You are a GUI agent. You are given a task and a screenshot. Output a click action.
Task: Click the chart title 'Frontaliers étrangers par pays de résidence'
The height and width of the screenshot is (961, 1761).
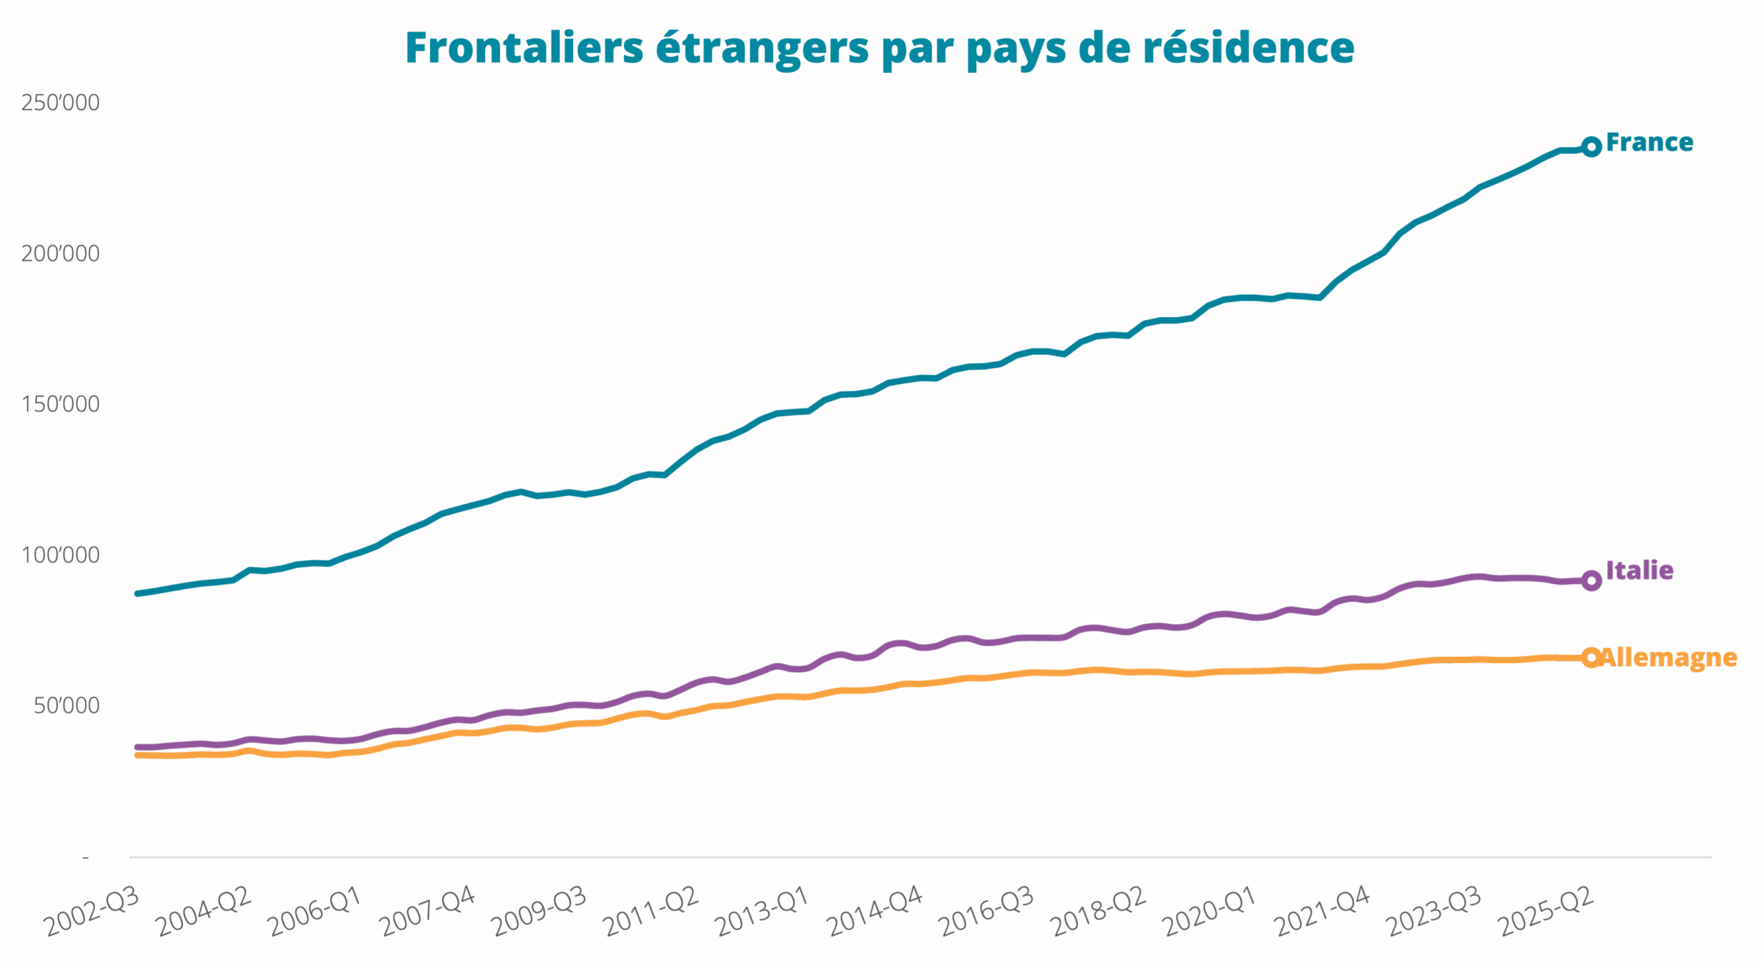click(x=880, y=48)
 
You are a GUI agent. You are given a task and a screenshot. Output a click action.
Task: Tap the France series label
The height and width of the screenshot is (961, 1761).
click(x=1649, y=143)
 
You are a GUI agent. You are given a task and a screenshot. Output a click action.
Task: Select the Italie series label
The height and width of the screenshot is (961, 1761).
click(x=1639, y=570)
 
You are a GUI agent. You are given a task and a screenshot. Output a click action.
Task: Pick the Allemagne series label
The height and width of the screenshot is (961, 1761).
click(x=1669, y=658)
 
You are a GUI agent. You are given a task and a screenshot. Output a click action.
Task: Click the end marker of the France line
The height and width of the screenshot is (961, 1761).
click(x=1591, y=147)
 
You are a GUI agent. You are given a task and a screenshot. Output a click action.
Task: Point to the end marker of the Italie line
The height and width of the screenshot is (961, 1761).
click(x=1591, y=581)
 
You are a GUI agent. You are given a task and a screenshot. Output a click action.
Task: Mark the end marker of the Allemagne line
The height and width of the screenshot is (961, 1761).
click(x=1591, y=658)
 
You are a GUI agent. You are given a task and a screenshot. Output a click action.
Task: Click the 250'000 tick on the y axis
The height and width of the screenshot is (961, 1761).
click(x=61, y=102)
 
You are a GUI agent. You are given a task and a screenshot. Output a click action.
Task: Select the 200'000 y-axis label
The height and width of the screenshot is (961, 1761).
click(x=61, y=254)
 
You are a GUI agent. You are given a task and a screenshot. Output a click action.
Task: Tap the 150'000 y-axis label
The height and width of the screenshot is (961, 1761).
click(x=61, y=404)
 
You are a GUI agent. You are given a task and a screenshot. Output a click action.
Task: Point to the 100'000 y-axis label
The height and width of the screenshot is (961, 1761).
click(x=61, y=555)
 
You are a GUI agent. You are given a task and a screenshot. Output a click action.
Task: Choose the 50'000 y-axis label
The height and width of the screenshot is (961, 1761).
click(x=67, y=706)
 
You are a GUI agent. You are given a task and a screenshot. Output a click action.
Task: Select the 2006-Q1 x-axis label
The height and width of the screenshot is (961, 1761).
click(x=315, y=911)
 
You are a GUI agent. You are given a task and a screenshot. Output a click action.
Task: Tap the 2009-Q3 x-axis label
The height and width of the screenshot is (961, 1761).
click(x=540, y=911)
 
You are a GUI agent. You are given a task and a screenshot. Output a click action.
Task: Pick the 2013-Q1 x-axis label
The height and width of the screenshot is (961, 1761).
click(x=762, y=911)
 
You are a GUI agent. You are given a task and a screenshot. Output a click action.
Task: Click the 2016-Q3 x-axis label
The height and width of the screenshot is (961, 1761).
click(x=987, y=911)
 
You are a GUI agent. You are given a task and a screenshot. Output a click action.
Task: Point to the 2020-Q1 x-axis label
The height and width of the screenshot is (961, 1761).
click(x=1211, y=911)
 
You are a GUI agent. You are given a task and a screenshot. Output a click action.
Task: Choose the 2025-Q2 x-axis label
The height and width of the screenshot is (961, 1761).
click(x=1546, y=911)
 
